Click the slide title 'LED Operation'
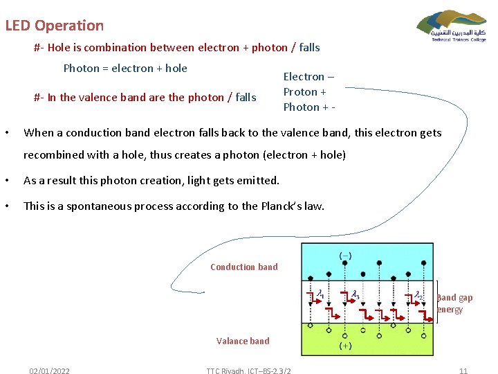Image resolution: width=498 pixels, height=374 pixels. [x=54, y=26]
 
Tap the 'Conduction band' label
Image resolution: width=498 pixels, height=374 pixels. [x=243, y=267]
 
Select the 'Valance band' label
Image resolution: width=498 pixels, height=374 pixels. [x=243, y=341]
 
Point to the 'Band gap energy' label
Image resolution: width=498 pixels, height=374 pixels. [x=454, y=303]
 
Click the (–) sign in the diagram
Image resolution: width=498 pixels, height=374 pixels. [x=344, y=255]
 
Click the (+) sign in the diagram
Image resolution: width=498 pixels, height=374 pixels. [x=344, y=344]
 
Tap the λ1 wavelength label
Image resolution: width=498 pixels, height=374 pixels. [x=321, y=295]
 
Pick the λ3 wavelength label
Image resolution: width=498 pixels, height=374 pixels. [x=355, y=295]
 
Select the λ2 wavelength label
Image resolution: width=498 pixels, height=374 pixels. [x=418, y=295]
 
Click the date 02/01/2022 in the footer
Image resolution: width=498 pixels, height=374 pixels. [x=49, y=371]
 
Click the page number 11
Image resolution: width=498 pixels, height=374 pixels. [x=463, y=371]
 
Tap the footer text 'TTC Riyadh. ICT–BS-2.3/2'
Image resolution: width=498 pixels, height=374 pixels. [x=248, y=371]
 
